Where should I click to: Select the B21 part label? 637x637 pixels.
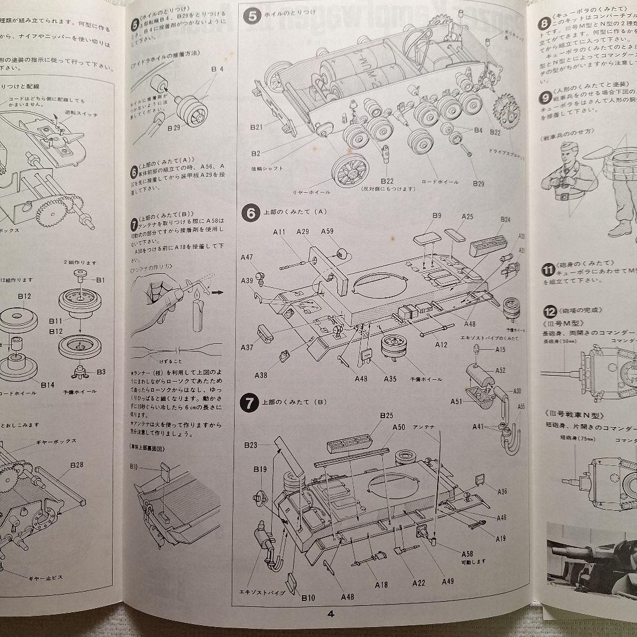click(x=255, y=127)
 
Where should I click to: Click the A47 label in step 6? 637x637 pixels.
click(x=247, y=258)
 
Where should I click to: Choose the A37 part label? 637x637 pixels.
click(x=247, y=347)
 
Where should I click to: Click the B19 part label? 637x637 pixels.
click(x=260, y=469)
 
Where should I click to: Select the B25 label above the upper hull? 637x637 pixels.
click(x=387, y=416)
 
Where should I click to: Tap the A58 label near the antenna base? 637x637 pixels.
click(x=467, y=553)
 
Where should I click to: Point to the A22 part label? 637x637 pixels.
click(x=418, y=582)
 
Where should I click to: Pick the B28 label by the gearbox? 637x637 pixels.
click(x=77, y=465)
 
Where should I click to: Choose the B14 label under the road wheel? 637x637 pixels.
click(x=48, y=385)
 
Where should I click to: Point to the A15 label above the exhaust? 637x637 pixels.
click(x=500, y=350)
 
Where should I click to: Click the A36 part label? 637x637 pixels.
click(x=502, y=491)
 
